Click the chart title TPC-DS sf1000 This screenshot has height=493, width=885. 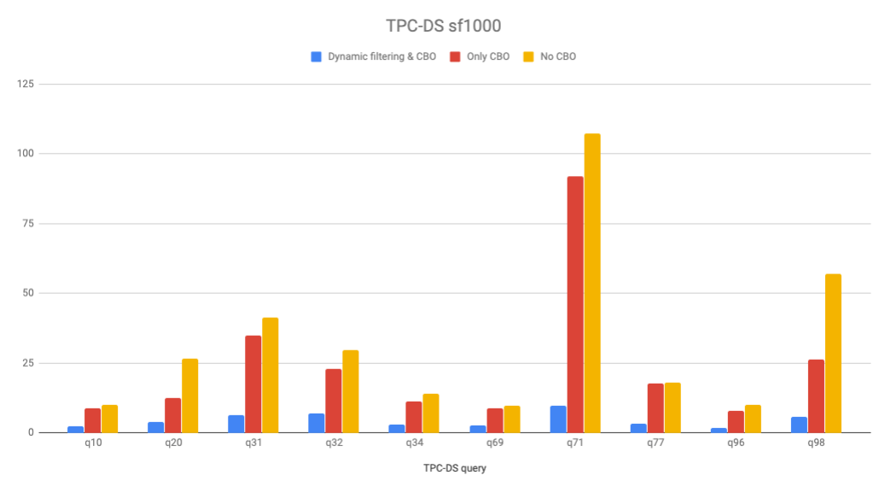click(x=441, y=26)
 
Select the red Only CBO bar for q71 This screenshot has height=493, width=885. click(x=575, y=304)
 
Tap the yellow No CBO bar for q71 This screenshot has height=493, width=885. click(x=592, y=283)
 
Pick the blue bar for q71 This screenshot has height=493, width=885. click(x=558, y=419)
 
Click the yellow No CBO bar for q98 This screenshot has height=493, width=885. click(x=833, y=353)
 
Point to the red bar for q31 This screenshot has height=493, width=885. click(x=253, y=384)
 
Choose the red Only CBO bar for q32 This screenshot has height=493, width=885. click(x=334, y=400)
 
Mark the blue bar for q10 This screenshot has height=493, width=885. click(x=76, y=429)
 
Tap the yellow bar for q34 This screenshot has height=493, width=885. click(x=431, y=413)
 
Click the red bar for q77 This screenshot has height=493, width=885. click(x=655, y=408)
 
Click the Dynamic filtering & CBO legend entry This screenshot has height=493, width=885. click(x=373, y=56)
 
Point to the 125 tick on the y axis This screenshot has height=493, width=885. click(x=26, y=84)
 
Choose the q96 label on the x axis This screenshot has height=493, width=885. click(x=736, y=443)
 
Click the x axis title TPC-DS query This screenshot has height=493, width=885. click(x=456, y=468)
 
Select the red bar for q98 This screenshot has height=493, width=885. click(x=816, y=396)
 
